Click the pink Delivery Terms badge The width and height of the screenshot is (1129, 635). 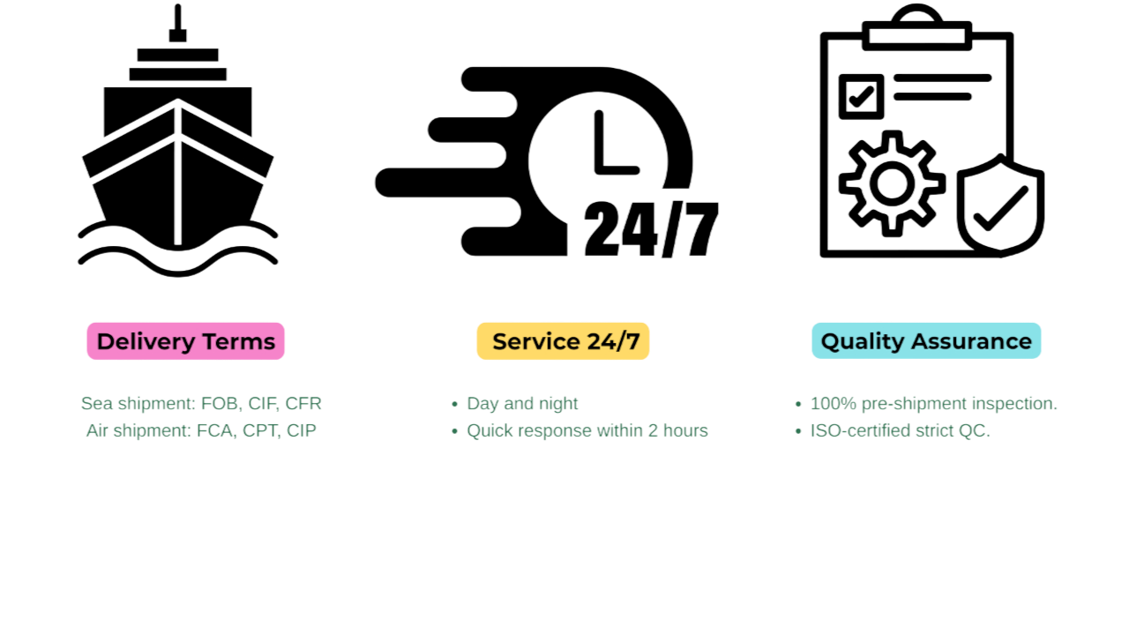[185, 341]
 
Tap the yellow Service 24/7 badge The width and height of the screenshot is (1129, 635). [563, 341]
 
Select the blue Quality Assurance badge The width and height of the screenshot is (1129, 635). [926, 341]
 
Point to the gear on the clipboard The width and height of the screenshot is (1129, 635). [891, 183]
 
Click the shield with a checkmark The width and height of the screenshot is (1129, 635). [1000, 205]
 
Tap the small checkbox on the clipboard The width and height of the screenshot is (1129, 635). [861, 95]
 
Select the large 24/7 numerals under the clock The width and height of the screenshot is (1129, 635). [651, 229]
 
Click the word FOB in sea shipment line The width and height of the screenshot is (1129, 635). [220, 404]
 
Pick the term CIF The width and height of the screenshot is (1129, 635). [262, 404]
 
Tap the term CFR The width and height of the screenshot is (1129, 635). [303, 404]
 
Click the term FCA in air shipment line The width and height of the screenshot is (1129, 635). [215, 430]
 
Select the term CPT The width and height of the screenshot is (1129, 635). [259, 430]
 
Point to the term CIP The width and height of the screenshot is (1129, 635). [301, 430]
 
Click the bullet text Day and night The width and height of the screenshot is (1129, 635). [522, 404]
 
